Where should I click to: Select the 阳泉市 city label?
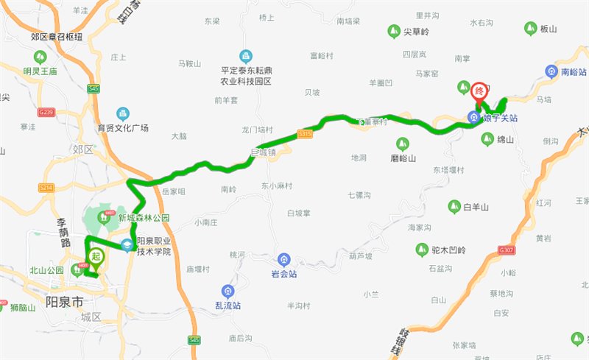[x=65, y=301]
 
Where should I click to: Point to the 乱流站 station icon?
[x=228, y=291]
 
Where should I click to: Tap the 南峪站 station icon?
[x=551, y=71]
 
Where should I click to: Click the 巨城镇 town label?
[x=262, y=153]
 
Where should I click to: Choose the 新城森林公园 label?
[x=144, y=218]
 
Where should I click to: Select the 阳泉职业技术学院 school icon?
[x=127, y=245]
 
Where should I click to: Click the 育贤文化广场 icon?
[x=123, y=113]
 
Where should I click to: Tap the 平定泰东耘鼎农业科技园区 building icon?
[x=245, y=56]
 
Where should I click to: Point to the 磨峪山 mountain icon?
[x=402, y=144]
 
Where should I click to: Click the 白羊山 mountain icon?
[x=454, y=207]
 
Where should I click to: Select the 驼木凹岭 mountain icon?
[x=423, y=250]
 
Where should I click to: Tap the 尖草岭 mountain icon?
[x=392, y=31]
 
